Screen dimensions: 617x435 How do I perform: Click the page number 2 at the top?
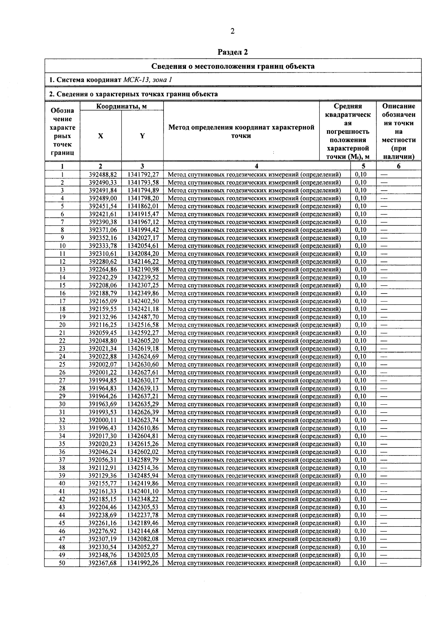tap(232, 31)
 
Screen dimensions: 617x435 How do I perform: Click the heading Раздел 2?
tap(232, 52)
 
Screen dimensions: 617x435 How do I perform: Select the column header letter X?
tap(100, 136)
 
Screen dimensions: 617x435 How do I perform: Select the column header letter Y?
tap(142, 136)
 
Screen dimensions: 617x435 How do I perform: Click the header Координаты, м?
tap(121, 106)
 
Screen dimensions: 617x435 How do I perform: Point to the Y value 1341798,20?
tap(143, 198)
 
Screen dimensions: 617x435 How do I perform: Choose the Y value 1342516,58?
tap(143, 325)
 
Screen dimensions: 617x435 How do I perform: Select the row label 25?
tap(62, 364)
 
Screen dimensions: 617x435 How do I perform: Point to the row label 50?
tap(62, 563)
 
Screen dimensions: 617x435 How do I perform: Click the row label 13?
tap(62, 270)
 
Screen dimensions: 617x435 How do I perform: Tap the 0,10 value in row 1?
tap(361, 174)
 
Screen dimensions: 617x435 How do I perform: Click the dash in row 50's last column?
tap(384, 563)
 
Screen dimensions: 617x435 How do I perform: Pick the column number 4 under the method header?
tap(257, 166)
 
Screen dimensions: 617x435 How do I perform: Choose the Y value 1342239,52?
tap(143, 278)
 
